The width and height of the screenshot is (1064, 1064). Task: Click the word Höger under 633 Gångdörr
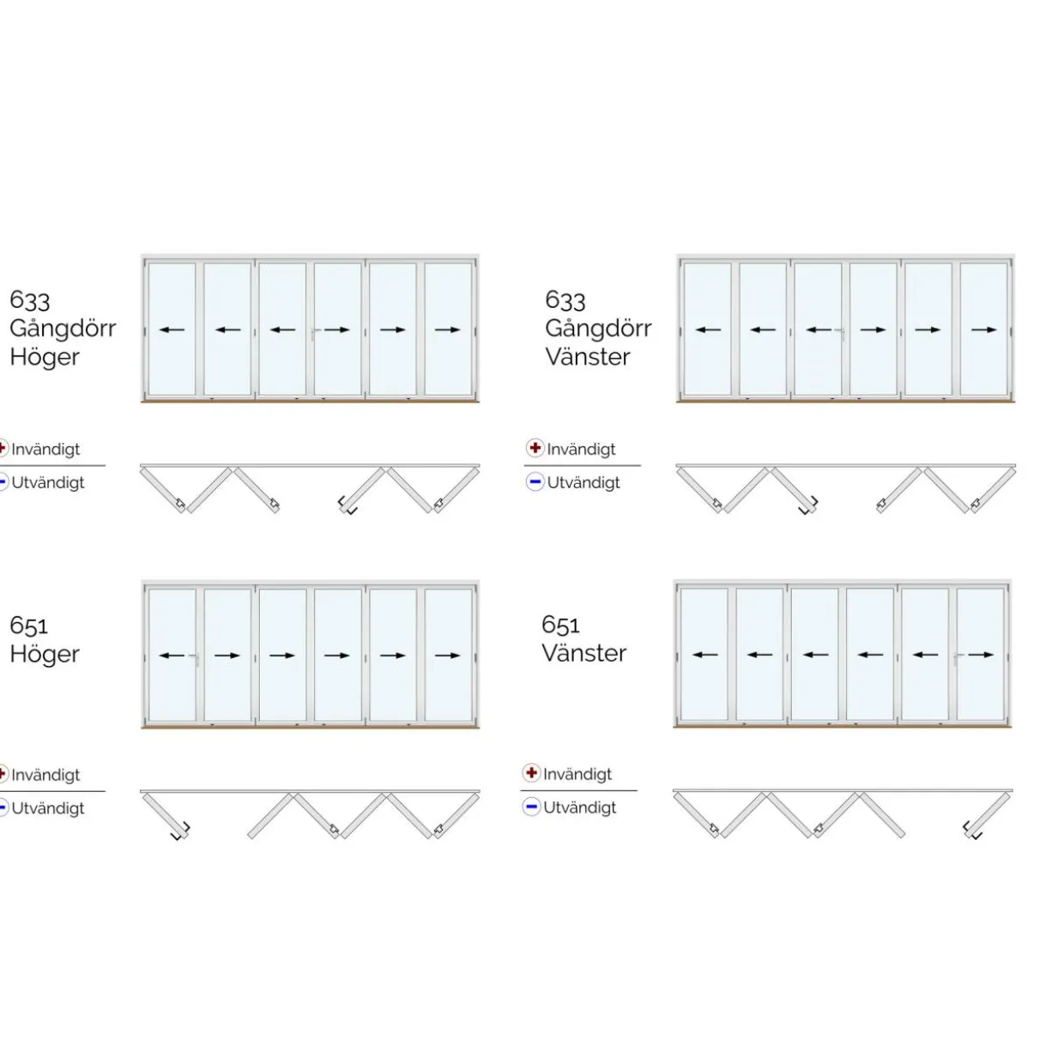[x=45, y=358]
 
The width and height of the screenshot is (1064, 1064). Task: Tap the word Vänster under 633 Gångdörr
[x=588, y=357]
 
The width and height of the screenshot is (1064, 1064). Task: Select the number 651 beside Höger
[x=29, y=626]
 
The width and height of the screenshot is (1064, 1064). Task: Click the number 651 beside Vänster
[x=560, y=625]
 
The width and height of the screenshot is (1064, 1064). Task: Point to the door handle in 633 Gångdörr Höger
[x=314, y=333]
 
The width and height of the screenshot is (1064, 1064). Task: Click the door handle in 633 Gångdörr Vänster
[x=842, y=333]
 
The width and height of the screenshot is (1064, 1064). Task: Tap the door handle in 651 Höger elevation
[x=196, y=659]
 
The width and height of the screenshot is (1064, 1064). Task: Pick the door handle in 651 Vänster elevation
[x=957, y=657]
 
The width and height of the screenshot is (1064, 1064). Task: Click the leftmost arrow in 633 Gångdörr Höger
[x=172, y=329]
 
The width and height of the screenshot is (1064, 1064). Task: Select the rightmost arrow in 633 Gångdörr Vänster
[x=984, y=329]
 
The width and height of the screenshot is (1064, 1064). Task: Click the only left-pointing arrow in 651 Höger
[x=172, y=656]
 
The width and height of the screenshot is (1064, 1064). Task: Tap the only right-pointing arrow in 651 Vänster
[x=981, y=655]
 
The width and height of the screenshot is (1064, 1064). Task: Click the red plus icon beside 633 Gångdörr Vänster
[x=535, y=447]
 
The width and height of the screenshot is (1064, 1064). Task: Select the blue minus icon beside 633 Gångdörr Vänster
[x=535, y=481]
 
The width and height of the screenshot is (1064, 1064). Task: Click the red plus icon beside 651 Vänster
[x=531, y=772]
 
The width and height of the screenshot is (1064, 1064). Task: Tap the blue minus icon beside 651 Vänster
[x=531, y=807]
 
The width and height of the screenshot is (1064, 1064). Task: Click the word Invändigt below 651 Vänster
[x=577, y=774]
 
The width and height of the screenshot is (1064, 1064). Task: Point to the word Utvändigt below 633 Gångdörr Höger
[x=48, y=482]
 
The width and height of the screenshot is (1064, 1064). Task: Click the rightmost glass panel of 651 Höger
[x=449, y=655]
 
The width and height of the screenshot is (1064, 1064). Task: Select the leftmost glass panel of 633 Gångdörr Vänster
[x=708, y=329]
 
